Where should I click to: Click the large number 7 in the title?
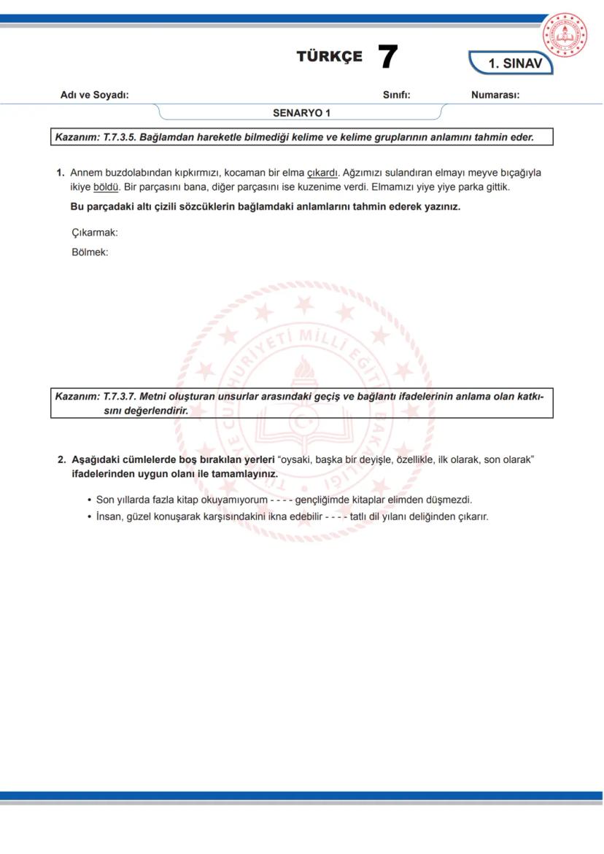pos(388,57)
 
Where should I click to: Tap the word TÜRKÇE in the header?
pos(329,57)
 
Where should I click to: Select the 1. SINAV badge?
pos(515,63)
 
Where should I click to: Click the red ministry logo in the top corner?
pos(565,34)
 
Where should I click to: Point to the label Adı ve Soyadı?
pos(94,96)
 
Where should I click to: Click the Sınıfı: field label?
pos(396,96)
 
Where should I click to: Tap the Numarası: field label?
pos(495,96)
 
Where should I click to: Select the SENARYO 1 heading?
pos(301,113)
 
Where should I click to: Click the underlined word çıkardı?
pos(322,173)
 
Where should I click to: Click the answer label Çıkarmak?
pos(95,233)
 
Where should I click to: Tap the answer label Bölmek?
pos(90,252)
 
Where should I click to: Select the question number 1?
pos(61,173)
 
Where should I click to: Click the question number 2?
pos(61,460)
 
